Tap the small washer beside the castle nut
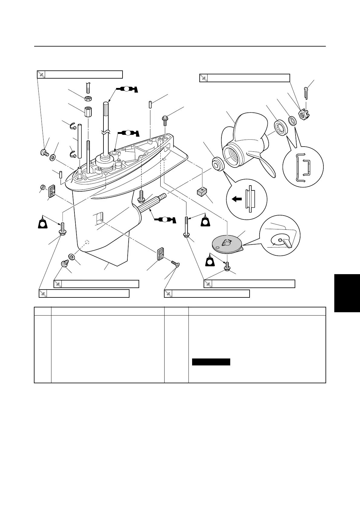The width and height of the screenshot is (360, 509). click(x=292, y=121)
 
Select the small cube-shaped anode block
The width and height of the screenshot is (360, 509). click(x=201, y=192)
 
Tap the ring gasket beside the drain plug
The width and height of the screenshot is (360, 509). click(x=72, y=257)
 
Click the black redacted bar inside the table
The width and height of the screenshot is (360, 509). click(x=211, y=362)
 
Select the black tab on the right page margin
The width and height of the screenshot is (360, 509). click(x=347, y=292)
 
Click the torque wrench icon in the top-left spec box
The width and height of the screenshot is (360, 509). click(x=41, y=74)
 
